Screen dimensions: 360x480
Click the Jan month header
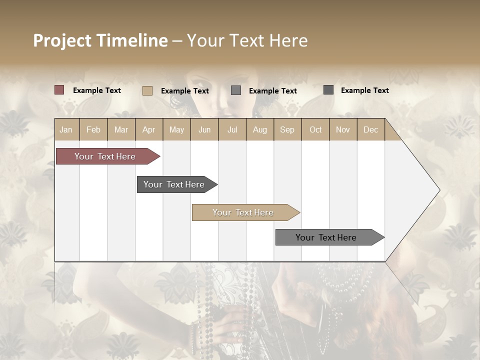66,130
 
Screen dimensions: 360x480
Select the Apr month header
149,130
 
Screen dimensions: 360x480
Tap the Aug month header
259,130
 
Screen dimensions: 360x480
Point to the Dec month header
370,130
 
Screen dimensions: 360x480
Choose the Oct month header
315,130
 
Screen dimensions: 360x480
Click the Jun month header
204,130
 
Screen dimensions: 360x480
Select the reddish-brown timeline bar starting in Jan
105,156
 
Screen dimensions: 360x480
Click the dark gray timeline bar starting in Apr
174,184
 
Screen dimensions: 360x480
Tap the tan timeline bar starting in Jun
243,212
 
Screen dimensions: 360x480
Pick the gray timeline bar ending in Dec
326,237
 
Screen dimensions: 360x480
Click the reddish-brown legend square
59,90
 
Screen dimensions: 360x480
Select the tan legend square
147,90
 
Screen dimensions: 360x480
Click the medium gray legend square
236,90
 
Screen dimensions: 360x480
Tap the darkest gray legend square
328,90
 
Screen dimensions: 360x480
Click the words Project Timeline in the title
100,40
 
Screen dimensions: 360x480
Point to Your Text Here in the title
247,40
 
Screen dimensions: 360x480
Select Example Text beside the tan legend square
185,91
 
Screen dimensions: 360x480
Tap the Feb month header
93,130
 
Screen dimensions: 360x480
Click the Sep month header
287,130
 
